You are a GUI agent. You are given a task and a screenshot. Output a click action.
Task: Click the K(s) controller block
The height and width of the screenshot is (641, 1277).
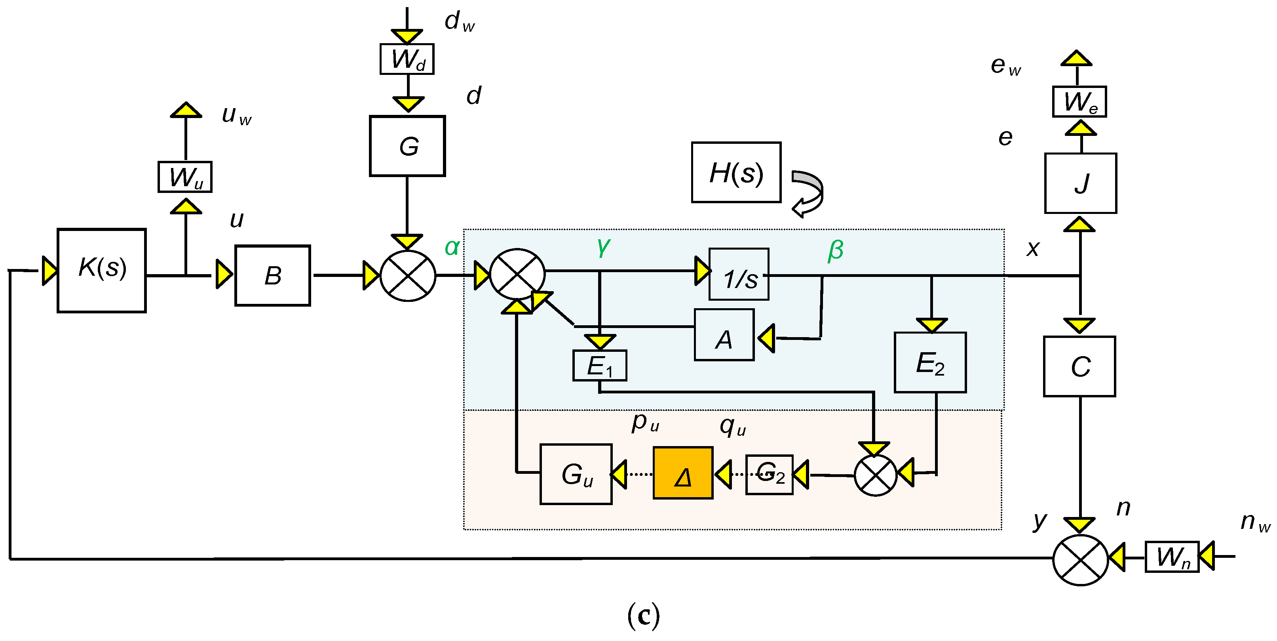(102, 271)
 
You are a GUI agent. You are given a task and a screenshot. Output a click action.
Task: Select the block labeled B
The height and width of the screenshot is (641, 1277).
(273, 275)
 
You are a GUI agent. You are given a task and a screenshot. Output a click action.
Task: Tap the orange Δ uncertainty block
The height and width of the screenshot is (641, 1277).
(683, 473)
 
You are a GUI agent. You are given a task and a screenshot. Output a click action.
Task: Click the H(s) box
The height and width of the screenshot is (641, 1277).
(736, 173)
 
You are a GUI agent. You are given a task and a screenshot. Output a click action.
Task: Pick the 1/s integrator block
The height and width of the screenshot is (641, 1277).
(739, 275)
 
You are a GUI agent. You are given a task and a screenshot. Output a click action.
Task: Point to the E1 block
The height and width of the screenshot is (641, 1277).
(600, 366)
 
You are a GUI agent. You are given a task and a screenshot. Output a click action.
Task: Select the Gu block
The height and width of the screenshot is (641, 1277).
(576, 474)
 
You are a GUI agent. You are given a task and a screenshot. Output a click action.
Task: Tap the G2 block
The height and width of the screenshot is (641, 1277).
(770, 475)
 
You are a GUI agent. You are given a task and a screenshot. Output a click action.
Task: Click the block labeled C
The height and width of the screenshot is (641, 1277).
(1080, 366)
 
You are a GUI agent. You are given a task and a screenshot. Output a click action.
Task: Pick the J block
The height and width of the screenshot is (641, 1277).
(1081, 183)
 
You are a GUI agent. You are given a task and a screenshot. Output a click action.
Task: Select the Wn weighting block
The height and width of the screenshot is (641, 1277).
(1172, 557)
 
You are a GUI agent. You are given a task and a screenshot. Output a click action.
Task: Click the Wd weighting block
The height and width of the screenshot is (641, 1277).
(407, 59)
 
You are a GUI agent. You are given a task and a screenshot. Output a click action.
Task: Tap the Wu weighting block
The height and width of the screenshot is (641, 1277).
(185, 177)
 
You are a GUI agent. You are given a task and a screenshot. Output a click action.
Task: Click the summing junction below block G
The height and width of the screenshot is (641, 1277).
(407, 275)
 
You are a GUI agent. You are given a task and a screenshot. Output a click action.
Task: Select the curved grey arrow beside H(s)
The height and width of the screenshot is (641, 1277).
(808, 193)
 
